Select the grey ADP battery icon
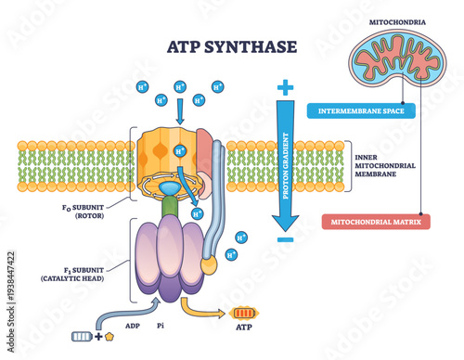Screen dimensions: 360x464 point(84,336)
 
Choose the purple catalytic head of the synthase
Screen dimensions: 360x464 point(168,264)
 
